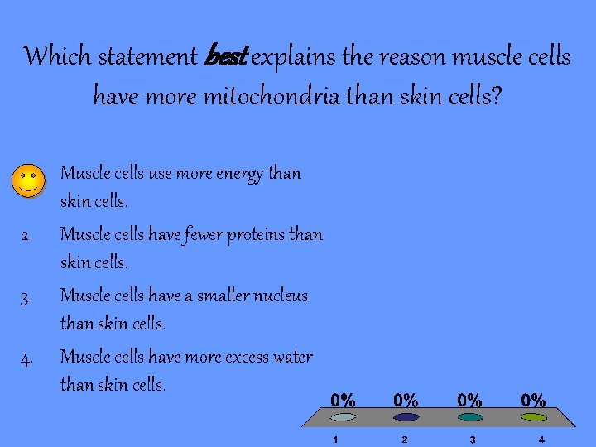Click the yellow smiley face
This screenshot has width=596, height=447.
29,179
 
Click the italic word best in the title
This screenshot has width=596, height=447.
223,58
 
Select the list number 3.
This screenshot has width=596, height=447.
26,297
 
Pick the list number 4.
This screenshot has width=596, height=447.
26,358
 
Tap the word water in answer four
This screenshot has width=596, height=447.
292,357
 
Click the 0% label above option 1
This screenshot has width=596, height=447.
344,401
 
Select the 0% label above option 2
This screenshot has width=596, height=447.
406,401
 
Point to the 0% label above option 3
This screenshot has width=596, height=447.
470,401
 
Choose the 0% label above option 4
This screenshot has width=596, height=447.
533,401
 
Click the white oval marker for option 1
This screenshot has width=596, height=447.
344,417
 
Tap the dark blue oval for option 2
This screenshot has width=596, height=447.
406,417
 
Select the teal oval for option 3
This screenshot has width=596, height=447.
470,417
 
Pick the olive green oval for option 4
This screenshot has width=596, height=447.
534,417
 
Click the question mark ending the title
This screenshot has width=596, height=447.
497,97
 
